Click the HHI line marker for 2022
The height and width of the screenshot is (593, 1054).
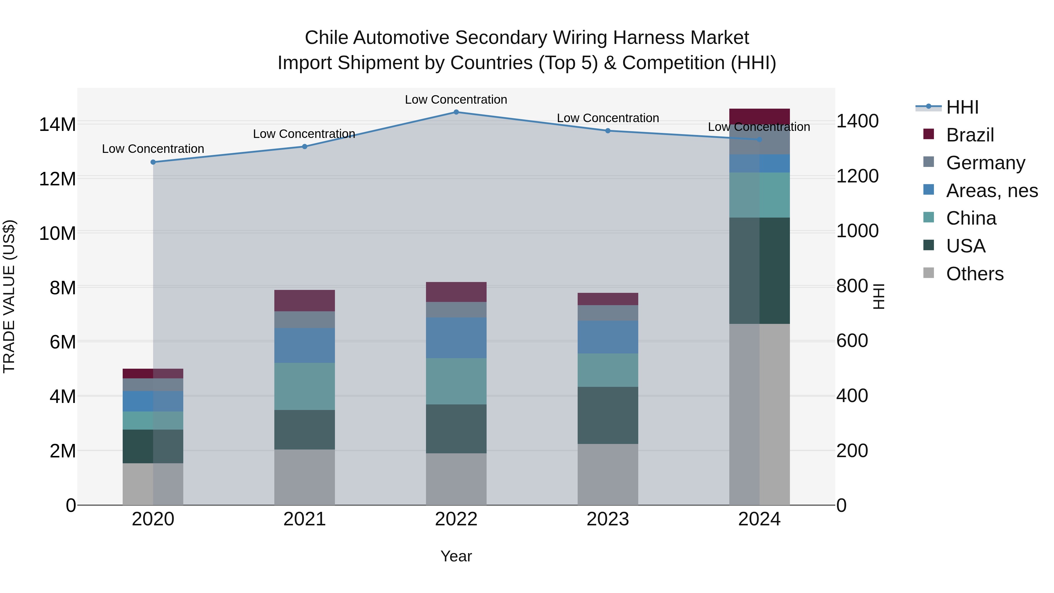[x=456, y=112]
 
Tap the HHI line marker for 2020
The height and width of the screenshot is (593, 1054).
[x=153, y=162]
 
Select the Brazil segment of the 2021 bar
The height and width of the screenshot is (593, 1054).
[x=304, y=300]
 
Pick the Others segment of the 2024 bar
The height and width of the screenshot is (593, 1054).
[x=759, y=414]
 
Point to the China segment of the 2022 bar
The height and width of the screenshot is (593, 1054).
[x=456, y=381]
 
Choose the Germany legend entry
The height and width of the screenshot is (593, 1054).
[x=985, y=163]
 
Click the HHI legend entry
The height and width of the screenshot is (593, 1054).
[x=961, y=107]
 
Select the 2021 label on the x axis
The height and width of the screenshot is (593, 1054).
[x=304, y=519]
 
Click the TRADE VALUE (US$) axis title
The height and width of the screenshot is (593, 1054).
[x=9, y=296]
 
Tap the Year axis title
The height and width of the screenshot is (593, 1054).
[x=456, y=556]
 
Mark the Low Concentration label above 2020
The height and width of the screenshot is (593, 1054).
[x=153, y=148]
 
